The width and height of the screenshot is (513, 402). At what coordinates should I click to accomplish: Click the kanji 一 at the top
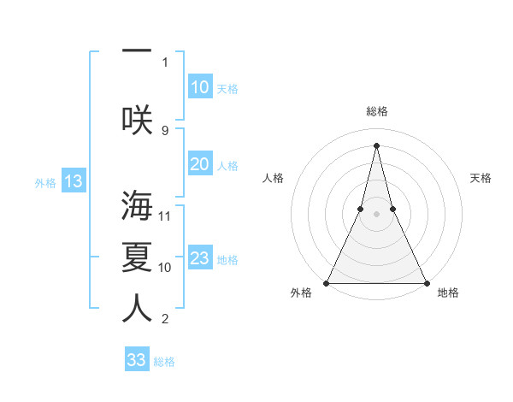(137, 50)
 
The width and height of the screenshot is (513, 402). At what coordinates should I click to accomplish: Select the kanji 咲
(137, 118)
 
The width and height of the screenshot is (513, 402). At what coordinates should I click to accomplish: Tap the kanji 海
(137, 205)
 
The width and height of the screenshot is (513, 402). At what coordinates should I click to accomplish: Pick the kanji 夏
(137, 257)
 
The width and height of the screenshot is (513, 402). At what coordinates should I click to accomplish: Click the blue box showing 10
(199, 87)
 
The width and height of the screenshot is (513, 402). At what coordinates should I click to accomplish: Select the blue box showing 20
(199, 164)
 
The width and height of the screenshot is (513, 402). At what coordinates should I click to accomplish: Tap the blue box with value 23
(199, 258)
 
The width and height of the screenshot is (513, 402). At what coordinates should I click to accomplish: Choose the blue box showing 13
(73, 181)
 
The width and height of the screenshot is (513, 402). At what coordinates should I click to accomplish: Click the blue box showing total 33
(136, 360)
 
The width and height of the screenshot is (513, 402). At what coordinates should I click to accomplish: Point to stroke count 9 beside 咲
(165, 130)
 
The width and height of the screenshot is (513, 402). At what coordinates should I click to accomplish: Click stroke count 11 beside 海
(166, 216)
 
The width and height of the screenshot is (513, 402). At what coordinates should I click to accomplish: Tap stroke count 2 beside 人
(165, 320)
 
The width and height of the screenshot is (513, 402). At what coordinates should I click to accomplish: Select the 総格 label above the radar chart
(376, 111)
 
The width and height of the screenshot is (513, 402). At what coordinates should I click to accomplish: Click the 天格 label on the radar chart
(481, 178)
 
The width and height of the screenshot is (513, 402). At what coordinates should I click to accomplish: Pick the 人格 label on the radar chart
(273, 178)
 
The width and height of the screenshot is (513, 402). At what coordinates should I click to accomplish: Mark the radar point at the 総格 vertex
(376, 145)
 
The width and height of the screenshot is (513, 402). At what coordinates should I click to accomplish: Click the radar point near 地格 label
(426, 282)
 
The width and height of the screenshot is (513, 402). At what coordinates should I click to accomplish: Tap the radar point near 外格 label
(327, 282)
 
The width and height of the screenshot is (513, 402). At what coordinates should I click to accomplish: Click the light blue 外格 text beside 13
(45, 182)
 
